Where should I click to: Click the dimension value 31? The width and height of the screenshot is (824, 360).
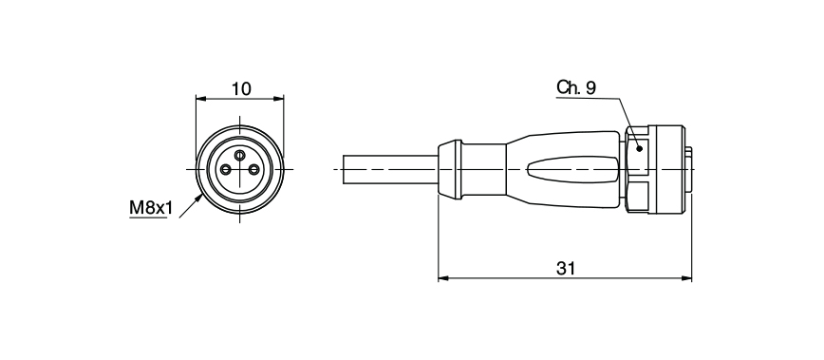coord(566,269)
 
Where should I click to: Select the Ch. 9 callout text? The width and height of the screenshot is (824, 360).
coord(576,88)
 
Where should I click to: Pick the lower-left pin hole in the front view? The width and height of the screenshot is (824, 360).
coord(226,170)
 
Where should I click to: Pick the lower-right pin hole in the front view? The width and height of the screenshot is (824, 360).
coord(253,170)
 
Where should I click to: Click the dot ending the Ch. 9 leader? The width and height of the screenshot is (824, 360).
coord(641,148)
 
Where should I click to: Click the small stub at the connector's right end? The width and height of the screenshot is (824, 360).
coord(689,170)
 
